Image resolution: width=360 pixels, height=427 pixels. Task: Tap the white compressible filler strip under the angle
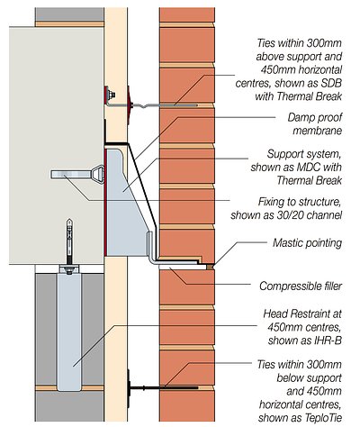point(180,268)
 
